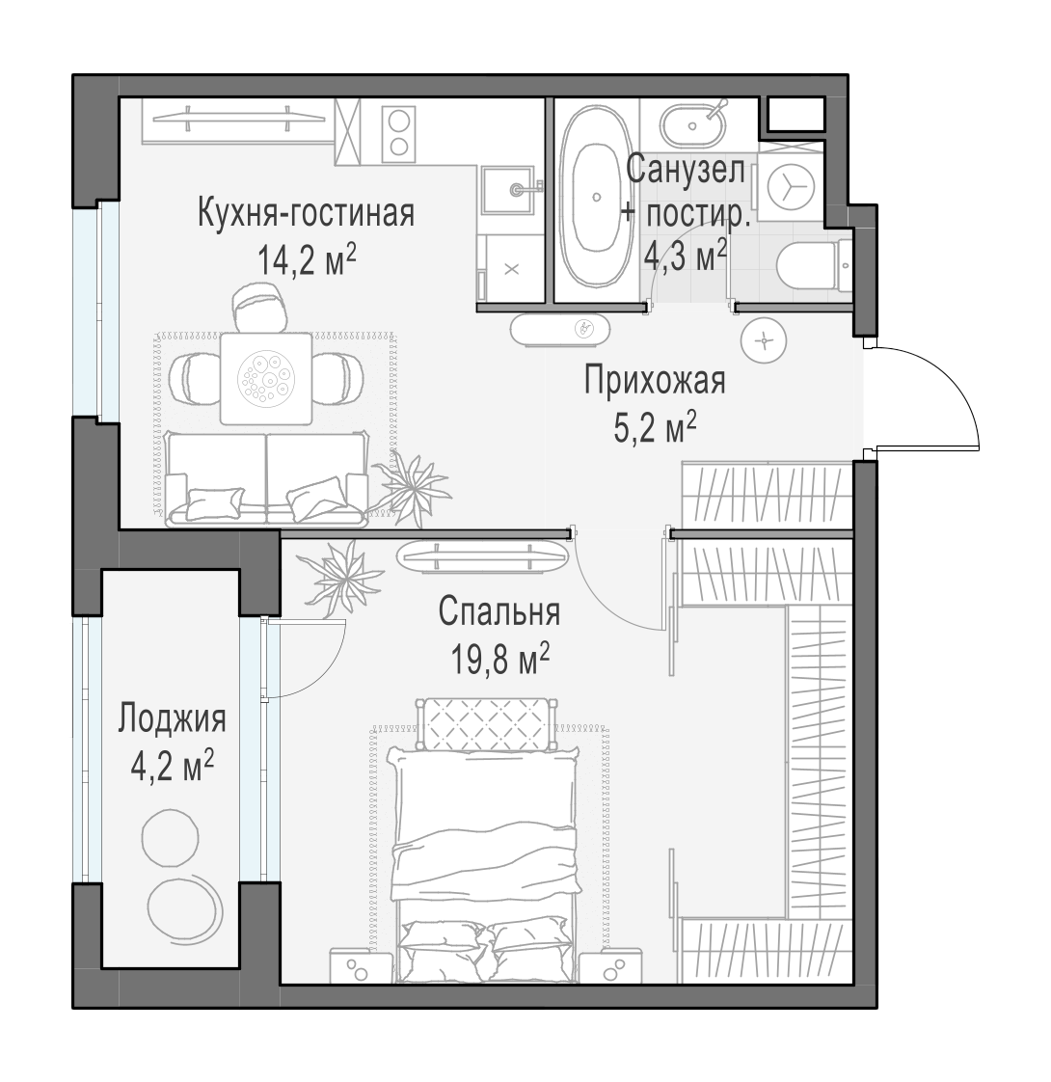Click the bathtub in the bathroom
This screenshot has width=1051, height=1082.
(x=596, y=196)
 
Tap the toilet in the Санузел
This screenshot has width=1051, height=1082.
(x=815, y=265)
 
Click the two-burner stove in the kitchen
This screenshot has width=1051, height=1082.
(x=398, y=132)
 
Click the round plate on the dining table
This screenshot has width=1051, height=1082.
(x=266, y=378)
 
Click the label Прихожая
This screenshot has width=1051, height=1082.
(x=655, y=380)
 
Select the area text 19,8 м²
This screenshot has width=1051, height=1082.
(x=500, y=659)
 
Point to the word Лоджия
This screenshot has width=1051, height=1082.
(x=172, y=719)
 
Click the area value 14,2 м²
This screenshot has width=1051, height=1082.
(x=307, y=260)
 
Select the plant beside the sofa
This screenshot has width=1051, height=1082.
(x=412, y=484)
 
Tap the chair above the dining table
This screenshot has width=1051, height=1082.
(x=259, y=309)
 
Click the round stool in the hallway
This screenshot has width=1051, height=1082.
(x=764, y=340)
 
